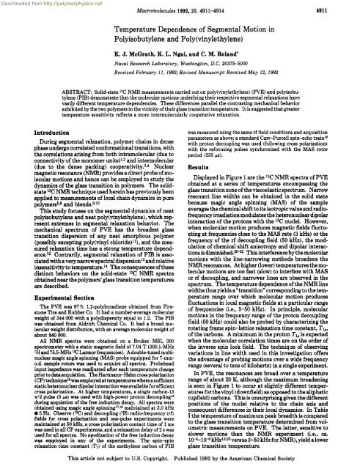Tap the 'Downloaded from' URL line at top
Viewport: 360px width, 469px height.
[x=51, y=4]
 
